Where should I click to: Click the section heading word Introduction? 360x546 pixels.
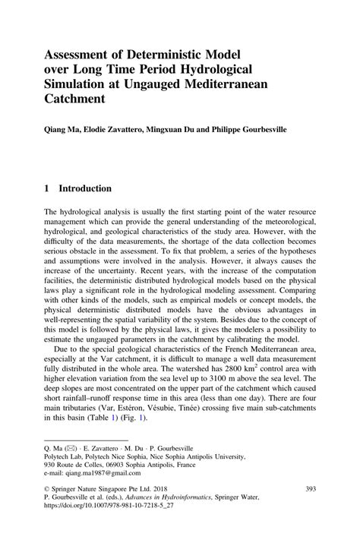pyautogui.click(x=85, y=188)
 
